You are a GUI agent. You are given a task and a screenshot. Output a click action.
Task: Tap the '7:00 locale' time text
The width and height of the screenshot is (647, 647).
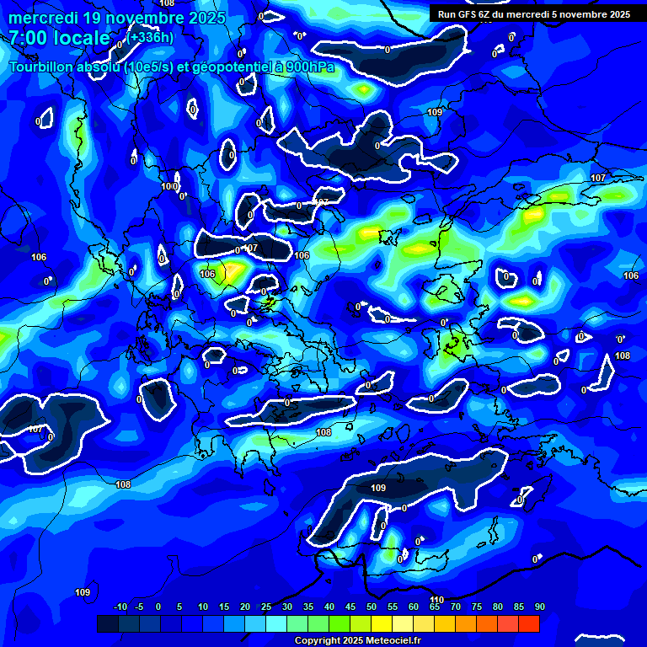(60, 38)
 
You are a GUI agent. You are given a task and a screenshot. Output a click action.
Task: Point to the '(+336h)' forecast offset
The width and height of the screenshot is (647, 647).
(152, 37)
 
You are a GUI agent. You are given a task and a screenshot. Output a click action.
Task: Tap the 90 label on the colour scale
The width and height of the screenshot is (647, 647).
(539, 607)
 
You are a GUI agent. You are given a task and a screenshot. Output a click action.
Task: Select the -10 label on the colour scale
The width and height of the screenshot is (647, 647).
(120, 607)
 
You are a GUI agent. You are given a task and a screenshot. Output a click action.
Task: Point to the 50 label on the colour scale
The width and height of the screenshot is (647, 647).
(372, 607)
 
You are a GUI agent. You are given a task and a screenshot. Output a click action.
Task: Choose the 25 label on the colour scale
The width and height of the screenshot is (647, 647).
(266, 607)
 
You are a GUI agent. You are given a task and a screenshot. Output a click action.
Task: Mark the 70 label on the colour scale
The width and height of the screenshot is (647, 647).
(455, 607)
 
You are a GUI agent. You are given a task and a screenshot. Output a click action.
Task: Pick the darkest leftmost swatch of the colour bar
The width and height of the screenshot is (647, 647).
(107, 623)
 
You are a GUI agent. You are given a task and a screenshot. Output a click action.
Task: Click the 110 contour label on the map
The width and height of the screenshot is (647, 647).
(436, 600)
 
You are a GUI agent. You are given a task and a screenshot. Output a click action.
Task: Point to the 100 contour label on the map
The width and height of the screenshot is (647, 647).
(168, 186)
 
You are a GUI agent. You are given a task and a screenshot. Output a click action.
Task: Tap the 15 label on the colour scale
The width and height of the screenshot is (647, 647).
(224, 607)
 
